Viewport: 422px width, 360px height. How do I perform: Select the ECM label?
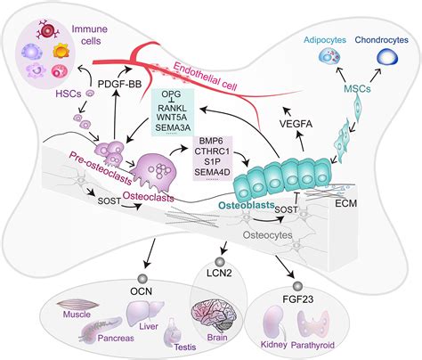tap(355, 202)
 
